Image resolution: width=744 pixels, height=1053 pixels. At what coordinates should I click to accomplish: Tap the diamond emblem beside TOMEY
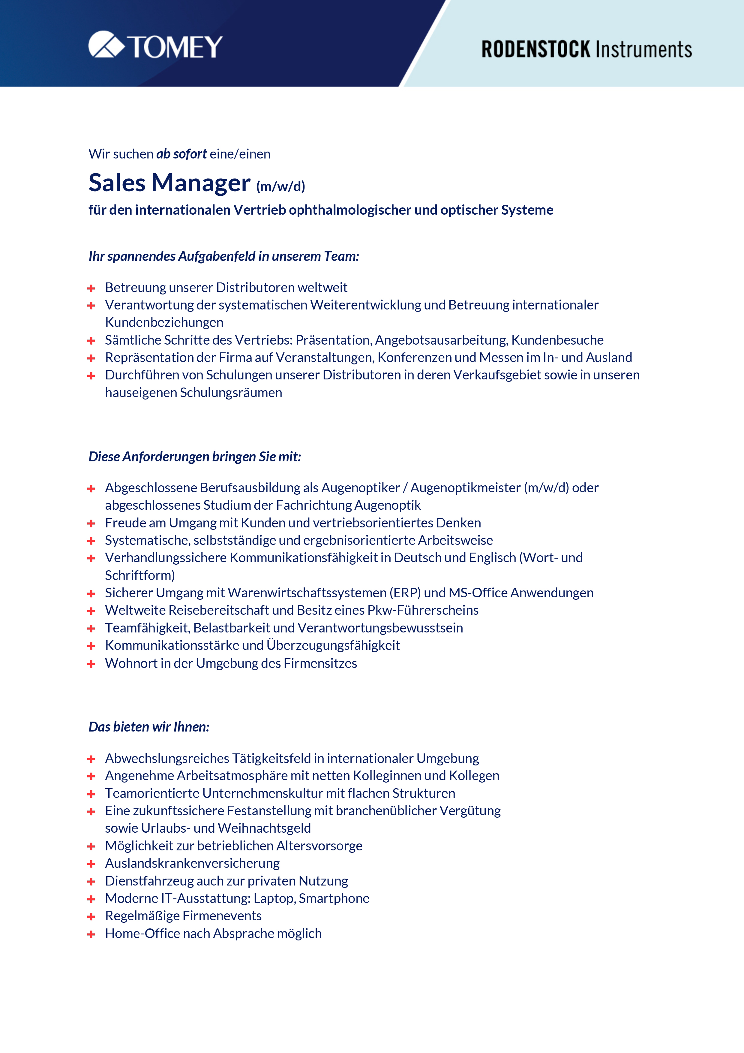[106, 44]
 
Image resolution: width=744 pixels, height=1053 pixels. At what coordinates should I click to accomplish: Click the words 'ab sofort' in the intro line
[181, 154]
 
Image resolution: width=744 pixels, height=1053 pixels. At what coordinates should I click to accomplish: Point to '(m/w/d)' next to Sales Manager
[280, 186]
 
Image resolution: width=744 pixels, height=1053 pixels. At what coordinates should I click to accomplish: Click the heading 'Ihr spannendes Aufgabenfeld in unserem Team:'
[224, 256]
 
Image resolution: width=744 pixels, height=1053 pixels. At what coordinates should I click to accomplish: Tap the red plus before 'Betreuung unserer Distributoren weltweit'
[91, 288]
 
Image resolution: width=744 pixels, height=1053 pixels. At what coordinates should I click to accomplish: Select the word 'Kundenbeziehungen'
[164, 322]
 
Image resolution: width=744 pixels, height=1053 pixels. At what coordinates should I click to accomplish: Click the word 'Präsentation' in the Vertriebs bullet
[333, 340]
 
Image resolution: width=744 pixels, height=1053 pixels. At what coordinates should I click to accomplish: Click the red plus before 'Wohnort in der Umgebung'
[91, 664]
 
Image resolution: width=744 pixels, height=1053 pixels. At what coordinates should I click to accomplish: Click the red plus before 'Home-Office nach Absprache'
[91, 934]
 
